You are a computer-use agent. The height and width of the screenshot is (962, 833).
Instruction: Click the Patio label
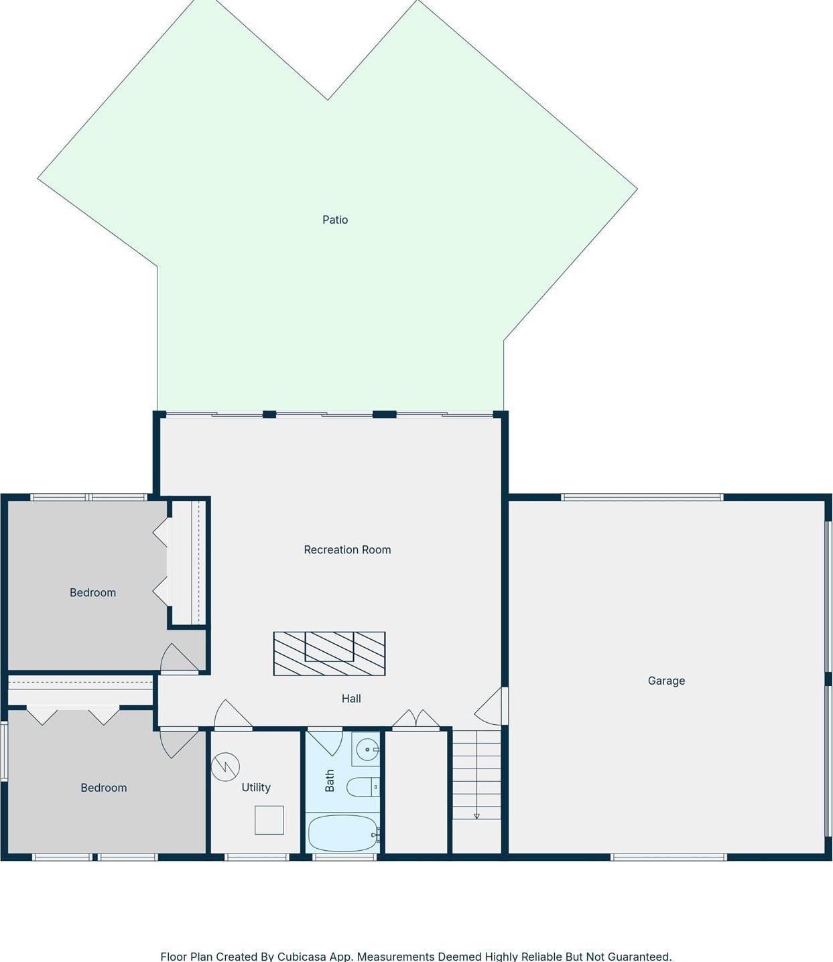pos(335,220)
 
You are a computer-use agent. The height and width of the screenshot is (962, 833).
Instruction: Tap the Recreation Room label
pos(347,550)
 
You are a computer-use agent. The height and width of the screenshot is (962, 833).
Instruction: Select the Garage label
pos(666,681)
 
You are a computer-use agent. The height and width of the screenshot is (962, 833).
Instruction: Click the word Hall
pos(351,699)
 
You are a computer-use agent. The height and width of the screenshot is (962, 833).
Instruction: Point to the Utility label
pos(256,788)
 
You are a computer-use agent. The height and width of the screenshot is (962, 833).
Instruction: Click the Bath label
pos(330,780)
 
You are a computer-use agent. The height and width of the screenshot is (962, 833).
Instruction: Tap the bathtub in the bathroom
pos(343,833)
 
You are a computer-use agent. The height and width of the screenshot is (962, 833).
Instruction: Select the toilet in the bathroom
pos(363,787)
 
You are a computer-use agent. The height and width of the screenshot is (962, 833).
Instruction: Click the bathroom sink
pos(367,750)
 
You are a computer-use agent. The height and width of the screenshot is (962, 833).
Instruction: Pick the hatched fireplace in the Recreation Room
pos(329,654)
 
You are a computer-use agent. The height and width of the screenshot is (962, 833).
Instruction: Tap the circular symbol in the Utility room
pos(225,767)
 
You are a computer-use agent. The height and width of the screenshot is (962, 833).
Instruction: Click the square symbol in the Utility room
pos(269,820)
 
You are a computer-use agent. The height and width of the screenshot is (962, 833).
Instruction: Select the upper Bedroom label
pos(92,593)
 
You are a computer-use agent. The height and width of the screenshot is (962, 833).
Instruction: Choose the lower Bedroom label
pos(103,788)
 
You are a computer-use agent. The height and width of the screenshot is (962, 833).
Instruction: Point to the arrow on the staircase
pos(476,816)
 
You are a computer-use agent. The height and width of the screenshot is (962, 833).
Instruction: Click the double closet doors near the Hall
pos(416,719)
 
